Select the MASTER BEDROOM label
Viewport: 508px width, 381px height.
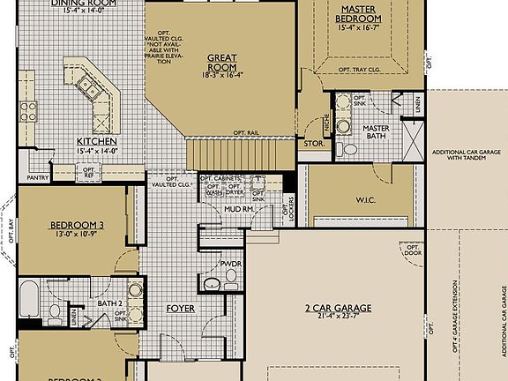click(x=359, y=14)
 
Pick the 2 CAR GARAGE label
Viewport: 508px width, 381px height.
click(x=339, y=308)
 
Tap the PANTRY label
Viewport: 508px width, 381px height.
click(x=38, y=177)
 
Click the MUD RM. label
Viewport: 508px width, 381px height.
click(x=235, y=209)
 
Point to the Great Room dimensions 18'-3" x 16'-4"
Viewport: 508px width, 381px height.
click(x=221, y=75)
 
